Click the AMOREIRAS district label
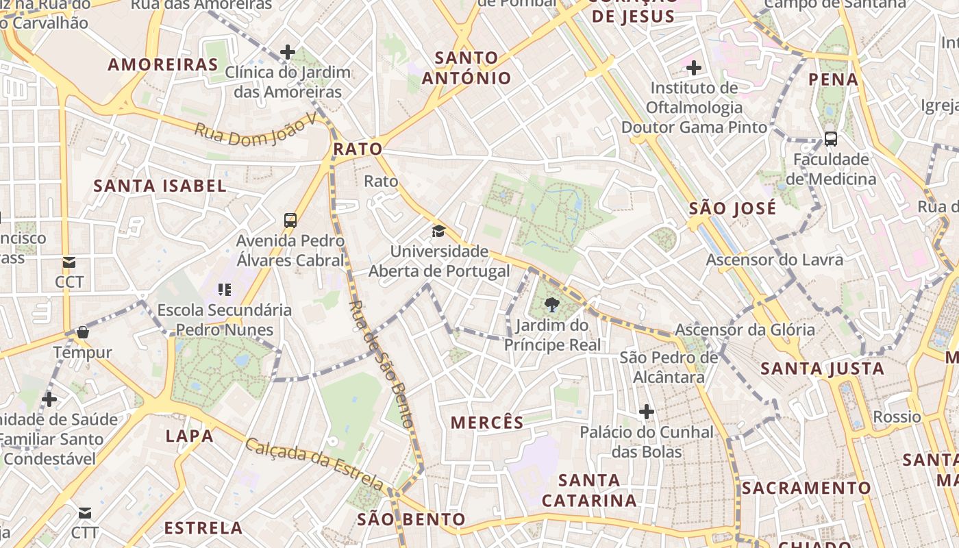pos(162,65)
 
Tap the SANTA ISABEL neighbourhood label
pos(160,186)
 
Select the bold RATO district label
pos(358,149)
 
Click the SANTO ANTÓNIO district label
pos(466,68)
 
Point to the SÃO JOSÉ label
pos(732,208)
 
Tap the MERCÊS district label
pos(487,423)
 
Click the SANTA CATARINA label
pos(589,490)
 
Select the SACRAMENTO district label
pos(806,488)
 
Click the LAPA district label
pos(189,436)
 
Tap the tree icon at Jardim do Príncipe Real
pos(552,305)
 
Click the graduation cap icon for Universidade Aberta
pos(438,232)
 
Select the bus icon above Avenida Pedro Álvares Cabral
pos(290,221)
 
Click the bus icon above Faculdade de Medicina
pos(831,139)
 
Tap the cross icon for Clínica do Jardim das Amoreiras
pos(288,52)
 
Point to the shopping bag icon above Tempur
pos(83,333)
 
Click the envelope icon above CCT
pos(69,262)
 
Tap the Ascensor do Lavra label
pos(775,260)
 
